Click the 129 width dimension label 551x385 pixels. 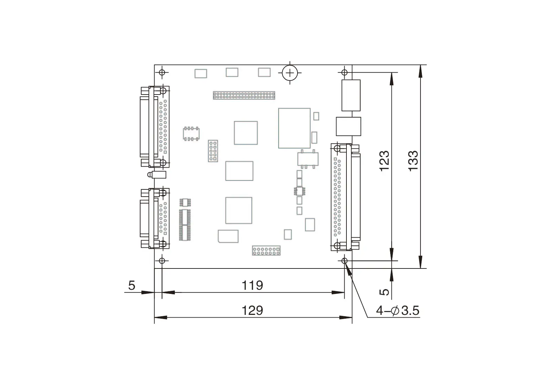252,311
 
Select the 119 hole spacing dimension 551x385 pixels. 252,285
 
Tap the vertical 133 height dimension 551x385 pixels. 413,161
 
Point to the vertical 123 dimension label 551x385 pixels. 384,161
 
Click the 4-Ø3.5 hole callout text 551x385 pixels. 398,311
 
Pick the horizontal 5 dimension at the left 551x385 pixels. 132,285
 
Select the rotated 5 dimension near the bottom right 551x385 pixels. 384,292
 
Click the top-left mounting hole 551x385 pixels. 162,73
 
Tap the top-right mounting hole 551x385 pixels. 344,73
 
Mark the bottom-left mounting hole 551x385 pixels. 162,261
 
